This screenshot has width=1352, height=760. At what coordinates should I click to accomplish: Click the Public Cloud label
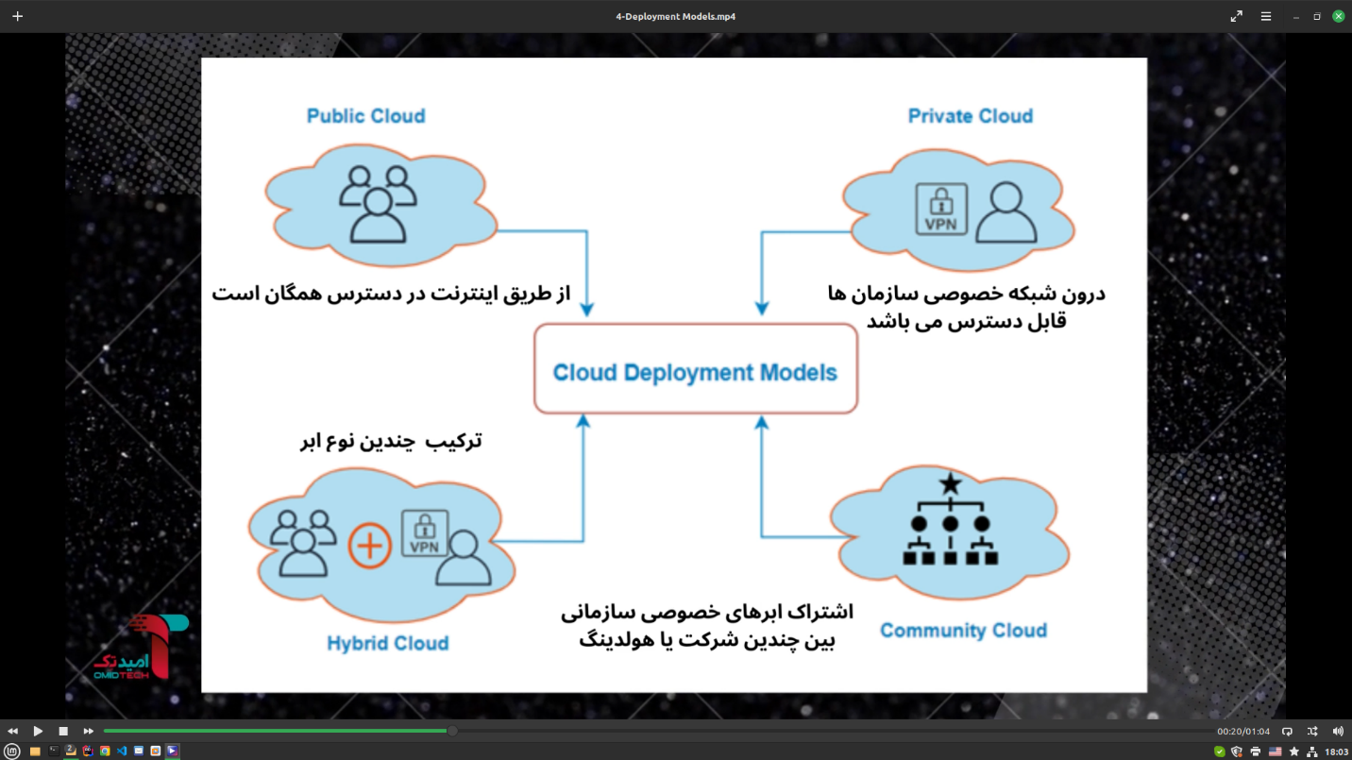coord(365,116)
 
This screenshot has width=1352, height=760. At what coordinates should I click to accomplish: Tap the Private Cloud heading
coord(970,116)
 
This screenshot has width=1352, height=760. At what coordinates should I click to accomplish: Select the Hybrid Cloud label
coord(387,644)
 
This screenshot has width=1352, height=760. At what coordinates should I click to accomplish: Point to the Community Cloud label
coord(963,631)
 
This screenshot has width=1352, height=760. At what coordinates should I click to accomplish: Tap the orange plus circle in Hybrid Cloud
coord(369,547)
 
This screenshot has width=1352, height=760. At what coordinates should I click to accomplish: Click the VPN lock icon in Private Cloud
coord(940,209)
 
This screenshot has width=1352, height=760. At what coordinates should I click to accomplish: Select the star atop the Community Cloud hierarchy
coord(950,485)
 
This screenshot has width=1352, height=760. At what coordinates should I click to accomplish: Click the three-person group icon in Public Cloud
coord(377,202)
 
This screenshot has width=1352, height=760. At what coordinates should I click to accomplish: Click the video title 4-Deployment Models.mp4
coord(675,16)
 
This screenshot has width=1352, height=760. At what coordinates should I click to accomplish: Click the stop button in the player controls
coord(63,731)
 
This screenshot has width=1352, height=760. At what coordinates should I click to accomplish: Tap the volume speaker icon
coord(1338,731)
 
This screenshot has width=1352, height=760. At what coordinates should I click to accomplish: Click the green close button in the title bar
coord(1338,16)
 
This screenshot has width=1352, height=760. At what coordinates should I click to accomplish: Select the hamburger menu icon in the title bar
coord(1266,16)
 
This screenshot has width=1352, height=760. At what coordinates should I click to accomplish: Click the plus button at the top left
coord(17,16)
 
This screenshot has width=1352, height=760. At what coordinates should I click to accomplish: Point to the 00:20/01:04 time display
coord(1242,732)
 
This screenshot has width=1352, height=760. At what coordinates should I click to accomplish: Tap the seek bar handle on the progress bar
coord(452,731)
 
